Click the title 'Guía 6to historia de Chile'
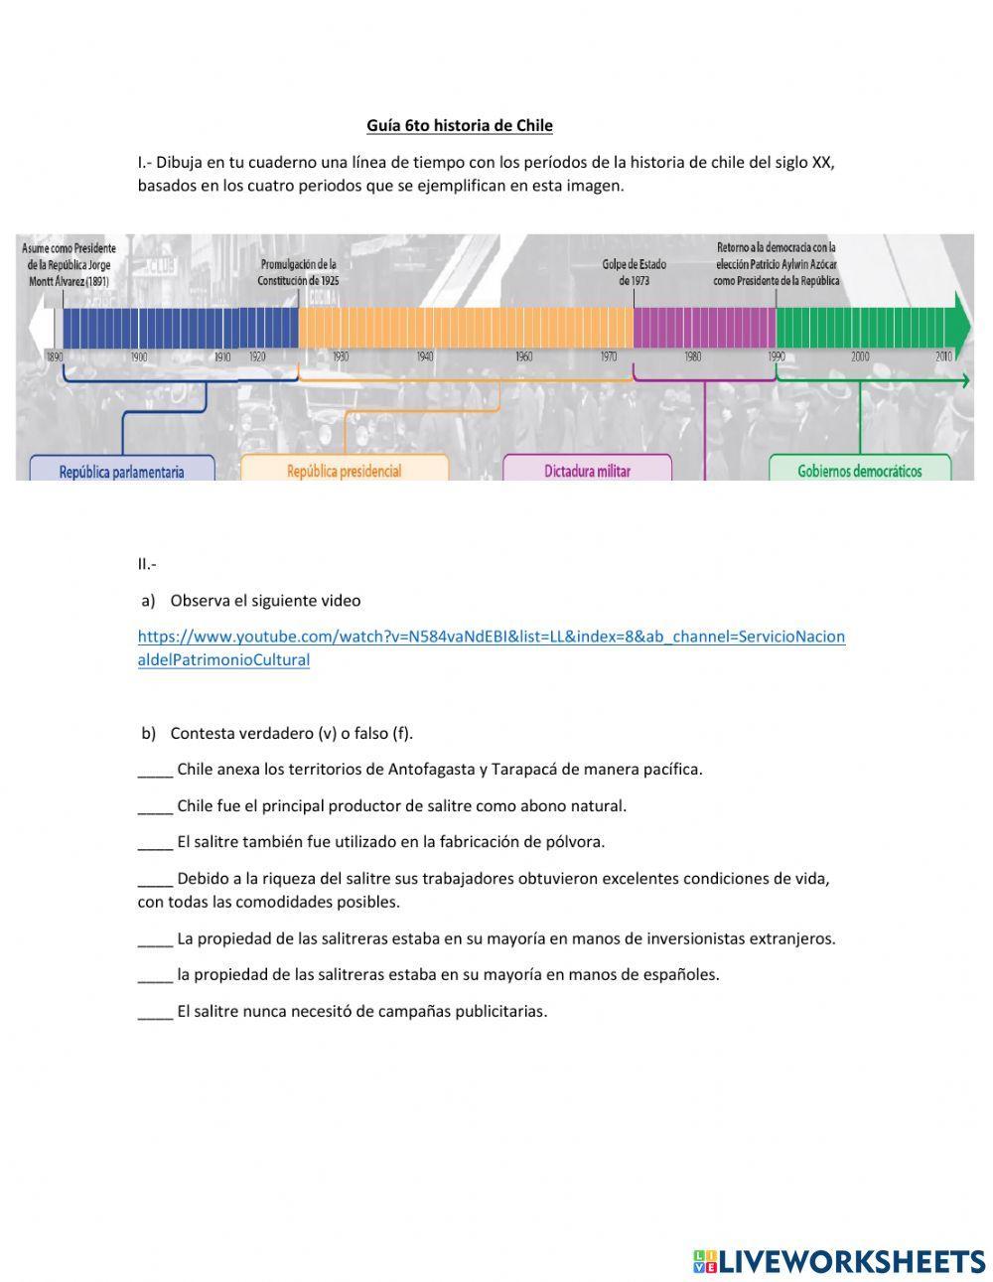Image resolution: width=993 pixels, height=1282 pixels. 459,125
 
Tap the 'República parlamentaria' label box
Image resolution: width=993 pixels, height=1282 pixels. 121,471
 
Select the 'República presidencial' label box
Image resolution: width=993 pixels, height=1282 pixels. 344,470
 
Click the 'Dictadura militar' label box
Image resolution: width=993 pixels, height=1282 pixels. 586,470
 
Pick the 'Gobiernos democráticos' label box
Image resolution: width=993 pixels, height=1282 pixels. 859,470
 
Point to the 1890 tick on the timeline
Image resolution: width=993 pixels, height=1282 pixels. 55,356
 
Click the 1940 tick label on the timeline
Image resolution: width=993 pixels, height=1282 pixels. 425,356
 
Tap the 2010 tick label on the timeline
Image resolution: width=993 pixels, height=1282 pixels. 942,356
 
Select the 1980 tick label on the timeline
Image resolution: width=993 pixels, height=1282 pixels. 692,356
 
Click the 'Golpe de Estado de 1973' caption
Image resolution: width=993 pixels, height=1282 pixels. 634,272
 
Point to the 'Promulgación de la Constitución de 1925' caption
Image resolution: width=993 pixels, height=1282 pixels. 298,272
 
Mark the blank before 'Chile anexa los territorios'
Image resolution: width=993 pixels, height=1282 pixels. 155,770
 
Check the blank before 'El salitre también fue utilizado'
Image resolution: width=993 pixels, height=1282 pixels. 155,842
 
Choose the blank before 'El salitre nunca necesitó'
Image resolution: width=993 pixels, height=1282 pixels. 155,1012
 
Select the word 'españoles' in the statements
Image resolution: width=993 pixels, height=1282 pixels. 681,974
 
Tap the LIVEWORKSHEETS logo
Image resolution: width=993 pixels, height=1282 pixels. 839,1261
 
